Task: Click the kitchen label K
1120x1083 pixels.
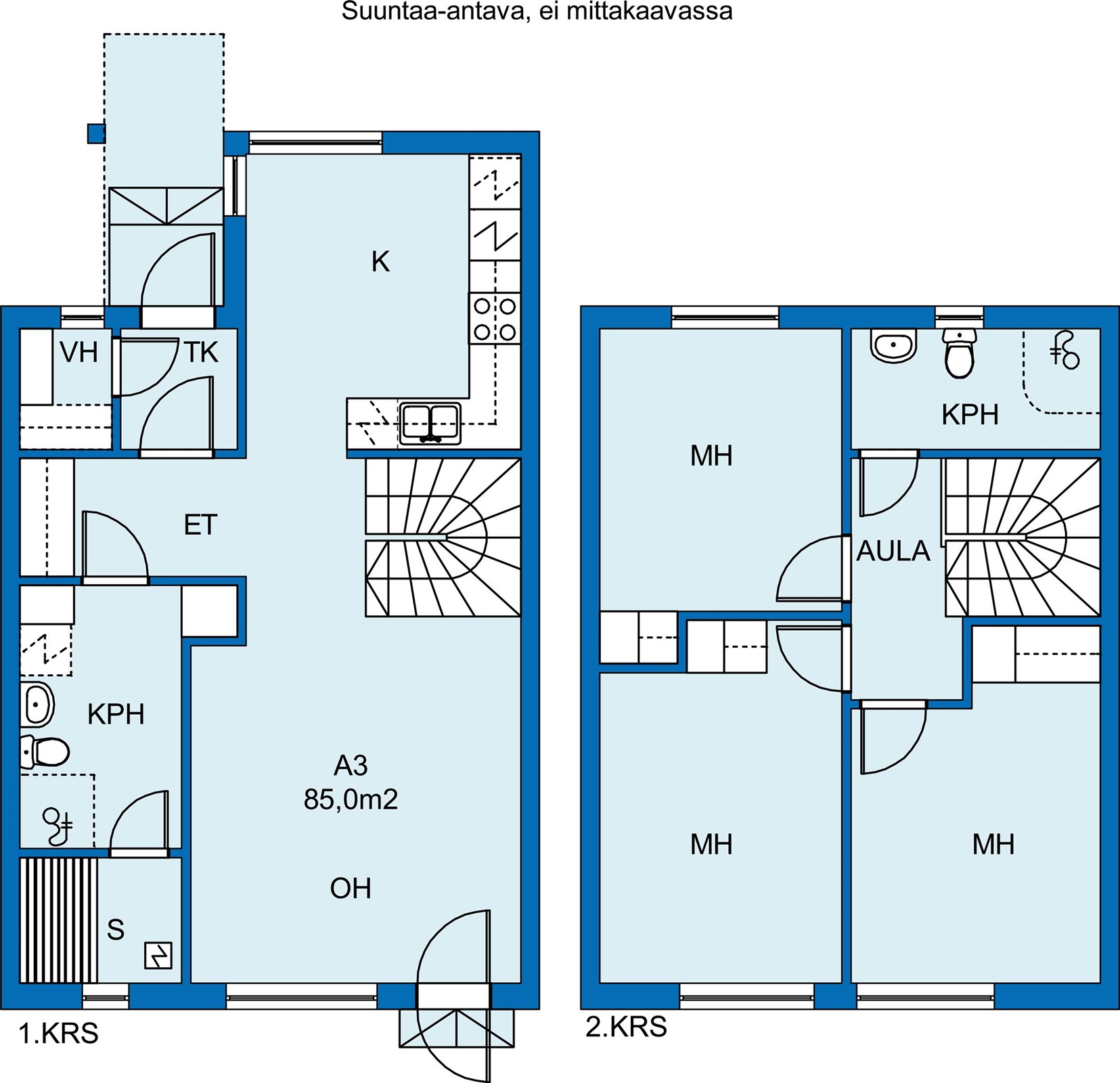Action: click(380, 261)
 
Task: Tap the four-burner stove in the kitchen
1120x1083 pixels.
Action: click(495, 319)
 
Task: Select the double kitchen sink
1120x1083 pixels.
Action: click(430, 423)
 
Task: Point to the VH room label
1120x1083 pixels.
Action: click(79, 353)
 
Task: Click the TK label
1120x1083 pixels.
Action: click(201, 353)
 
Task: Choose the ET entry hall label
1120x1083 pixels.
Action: click(200, 525)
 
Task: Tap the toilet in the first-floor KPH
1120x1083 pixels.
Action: click(45, 751)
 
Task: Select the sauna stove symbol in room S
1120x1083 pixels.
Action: click(158, 956)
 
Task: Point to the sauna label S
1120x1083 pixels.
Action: click(116, 930)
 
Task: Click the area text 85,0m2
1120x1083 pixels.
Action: click(351, 799)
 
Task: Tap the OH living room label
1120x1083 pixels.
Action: click(351, 889)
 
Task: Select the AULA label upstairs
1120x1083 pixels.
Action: click(893, 552)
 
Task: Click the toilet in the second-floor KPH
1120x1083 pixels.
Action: click(958, 353)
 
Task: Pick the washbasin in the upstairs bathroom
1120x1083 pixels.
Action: click(893, 345)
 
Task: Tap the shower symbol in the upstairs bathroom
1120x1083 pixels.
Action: click(1065, 350)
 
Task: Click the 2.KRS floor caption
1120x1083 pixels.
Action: click(626, 1027)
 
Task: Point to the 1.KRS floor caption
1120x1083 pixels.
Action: click(59, 1034)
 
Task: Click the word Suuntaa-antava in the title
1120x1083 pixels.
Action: click(434, 12)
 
